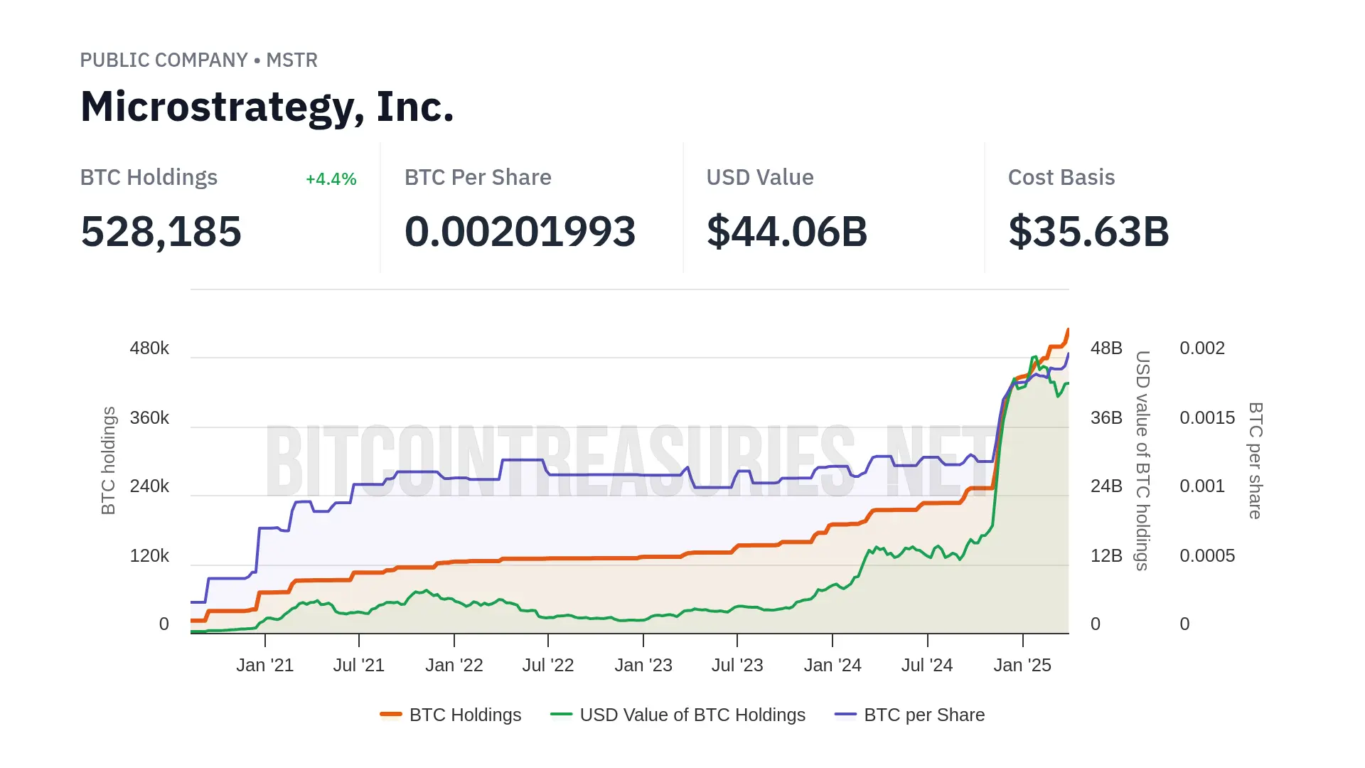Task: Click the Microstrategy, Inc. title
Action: pyautogui.click(x=267, y=107)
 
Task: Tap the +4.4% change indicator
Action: pyautogui.click(x=331, y=179)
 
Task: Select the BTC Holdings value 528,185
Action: pyautogui.click(x=161, y=232)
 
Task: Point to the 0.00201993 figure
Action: pyautogui.click(x=520, y=232)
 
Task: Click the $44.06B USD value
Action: pyautogui.click(x=786, y=232)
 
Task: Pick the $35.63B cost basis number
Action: pyautogui.click(x=1088, y=232)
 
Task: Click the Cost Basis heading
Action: pyautogui.click(x=1061, y=178)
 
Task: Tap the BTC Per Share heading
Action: pyautogui.click(x=478, y=178)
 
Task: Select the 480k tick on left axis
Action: pyautogui.click(x=149, y=348)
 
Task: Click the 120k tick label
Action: pyautogui.click(x=149, y=556)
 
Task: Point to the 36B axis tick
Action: pyautogui.click(x=1106, y=418)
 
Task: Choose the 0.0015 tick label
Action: pyautogui.click(x=1206, y=418)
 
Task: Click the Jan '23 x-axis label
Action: pyautogui.click(x=643, y=666)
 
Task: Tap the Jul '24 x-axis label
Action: pyautogui.click(x=926, y=666)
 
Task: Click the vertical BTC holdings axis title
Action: pyautogui.click(x=108, y=460)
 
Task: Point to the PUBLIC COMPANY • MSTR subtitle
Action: pyautogui.click(x=198, y=60)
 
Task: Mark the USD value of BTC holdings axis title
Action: pyautogui.click(x=1142, y=460)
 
